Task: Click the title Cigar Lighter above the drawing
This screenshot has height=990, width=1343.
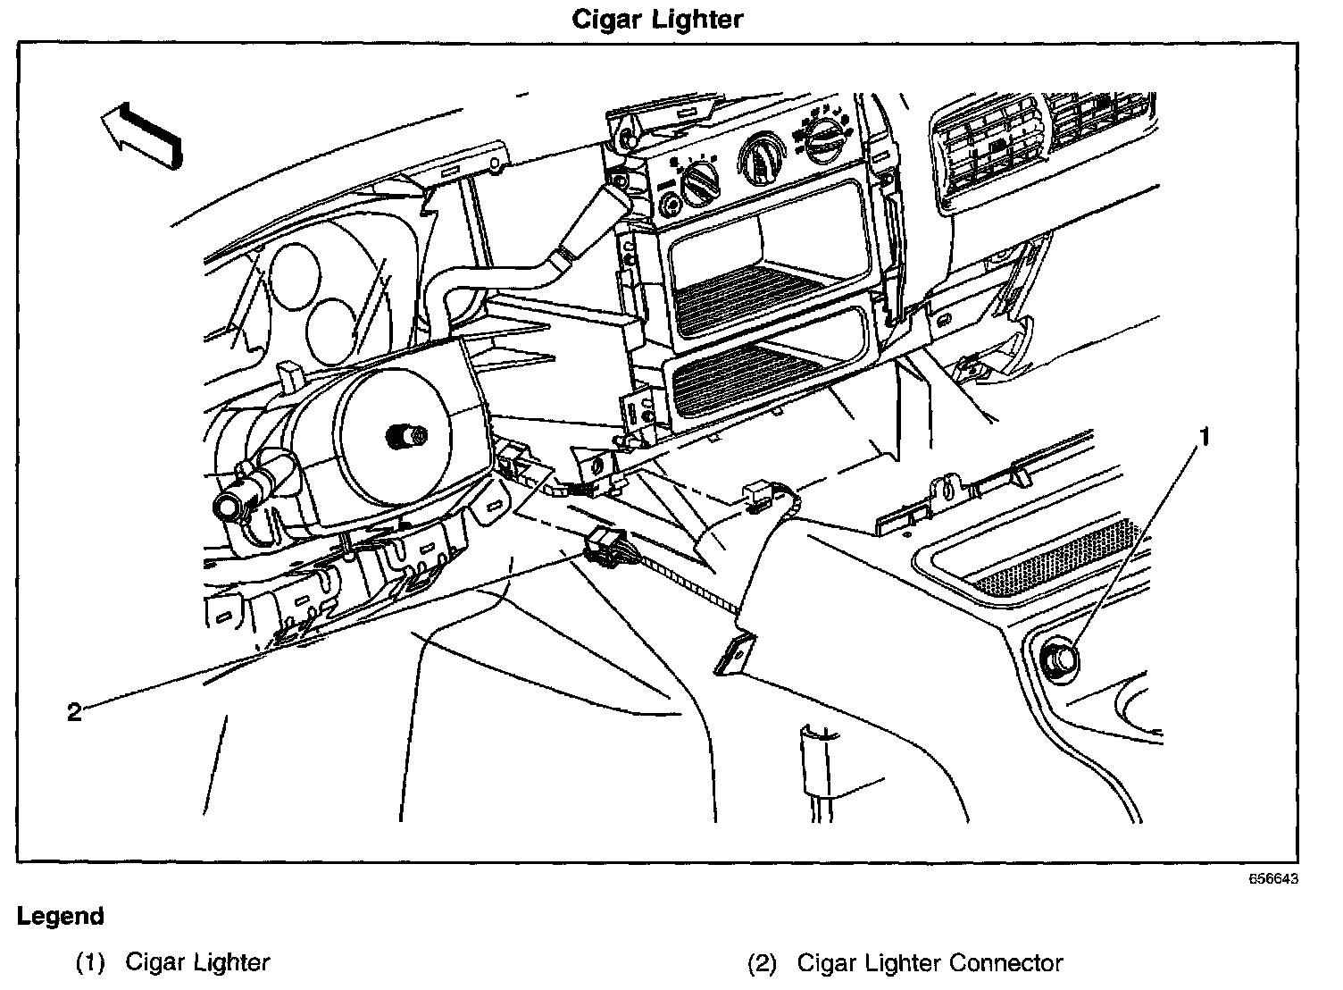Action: tap(657, 19)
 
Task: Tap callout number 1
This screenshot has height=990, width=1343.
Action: tap(1204, 438)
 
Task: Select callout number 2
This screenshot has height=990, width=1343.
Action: tap(74, 711)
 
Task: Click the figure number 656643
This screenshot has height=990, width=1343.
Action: tap(1272, 878)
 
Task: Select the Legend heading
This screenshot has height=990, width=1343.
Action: tap(61, 917)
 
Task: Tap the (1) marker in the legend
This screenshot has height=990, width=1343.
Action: tap(91, 963)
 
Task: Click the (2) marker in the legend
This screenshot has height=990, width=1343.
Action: tap(763, 963)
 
